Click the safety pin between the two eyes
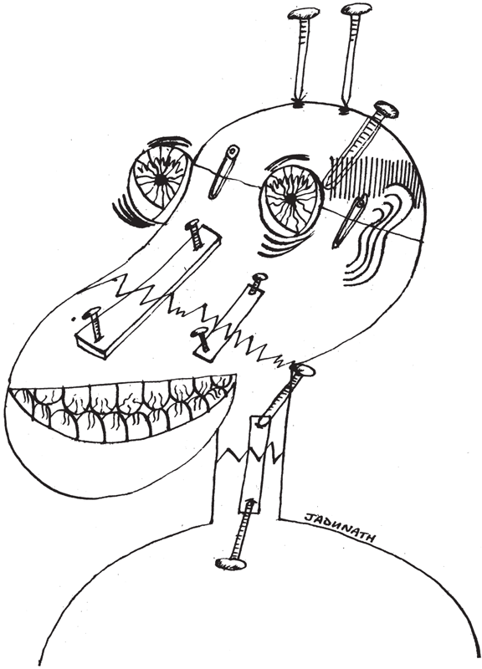(x=223, y=171)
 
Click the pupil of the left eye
(x=161, y=181)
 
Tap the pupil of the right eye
(x=290, y=197)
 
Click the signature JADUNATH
(x=340, y=528)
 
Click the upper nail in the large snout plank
(x=194, y=234)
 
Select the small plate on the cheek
(x=228, y=320)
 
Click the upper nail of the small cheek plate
(x=259, y=283)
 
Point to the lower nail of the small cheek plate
(x=201, y=339)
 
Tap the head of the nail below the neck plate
(x=232, y=563)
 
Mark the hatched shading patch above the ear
(x=376, y=179)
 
